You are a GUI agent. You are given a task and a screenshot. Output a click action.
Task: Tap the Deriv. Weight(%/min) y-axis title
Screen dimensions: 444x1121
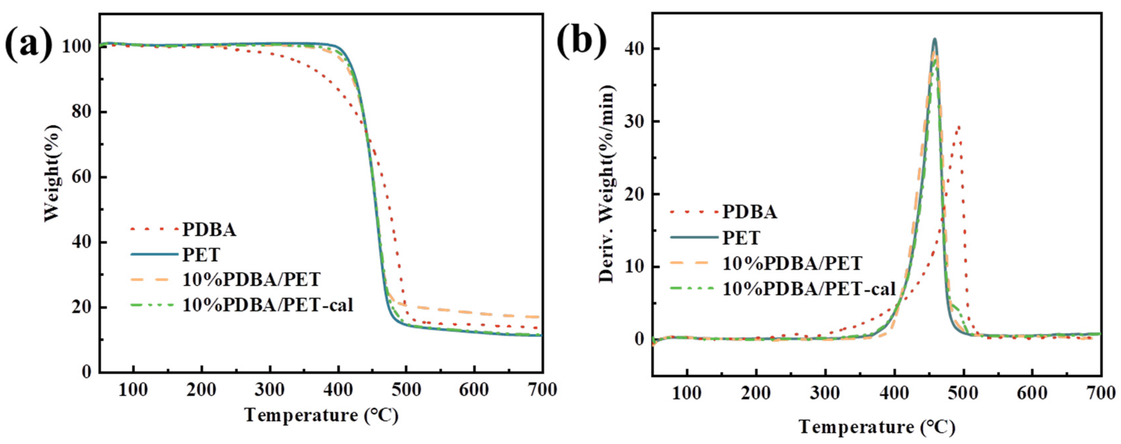point(607,183)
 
